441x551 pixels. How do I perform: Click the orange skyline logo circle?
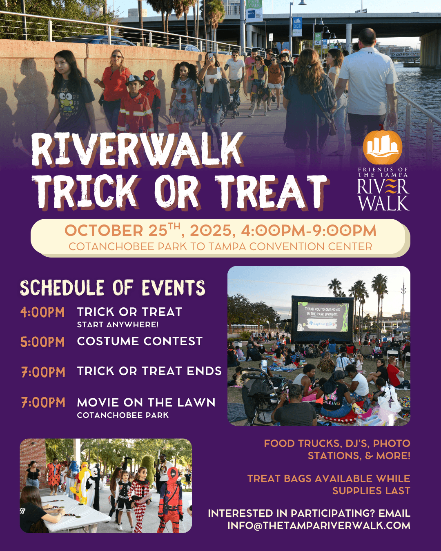[382, 147]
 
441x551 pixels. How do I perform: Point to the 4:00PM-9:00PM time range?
[308, 231]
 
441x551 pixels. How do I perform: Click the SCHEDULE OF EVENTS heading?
[113, 288]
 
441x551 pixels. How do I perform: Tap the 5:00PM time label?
[42, 342]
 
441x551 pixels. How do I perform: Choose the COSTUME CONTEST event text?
[140, 341]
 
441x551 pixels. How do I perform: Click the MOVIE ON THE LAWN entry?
[146, 402]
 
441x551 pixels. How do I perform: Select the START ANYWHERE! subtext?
[118, 324]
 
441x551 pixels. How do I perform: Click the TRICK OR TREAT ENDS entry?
[149, 371]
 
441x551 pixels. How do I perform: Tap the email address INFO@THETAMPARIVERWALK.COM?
[318, 525]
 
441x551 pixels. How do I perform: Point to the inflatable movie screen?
[322, 318]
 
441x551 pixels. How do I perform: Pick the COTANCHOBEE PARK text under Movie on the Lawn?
[122, 415]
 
